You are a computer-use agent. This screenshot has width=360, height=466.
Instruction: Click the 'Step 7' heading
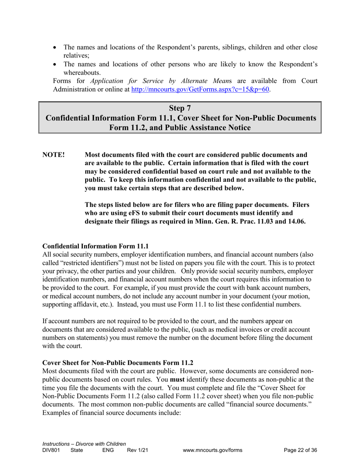180,108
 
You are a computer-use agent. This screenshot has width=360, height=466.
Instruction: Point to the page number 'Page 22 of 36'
300,450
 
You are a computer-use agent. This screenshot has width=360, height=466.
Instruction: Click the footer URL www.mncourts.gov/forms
212,450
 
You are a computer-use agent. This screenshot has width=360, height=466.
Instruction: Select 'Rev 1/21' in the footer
137,450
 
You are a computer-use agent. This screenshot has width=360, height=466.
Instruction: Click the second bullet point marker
56,64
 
